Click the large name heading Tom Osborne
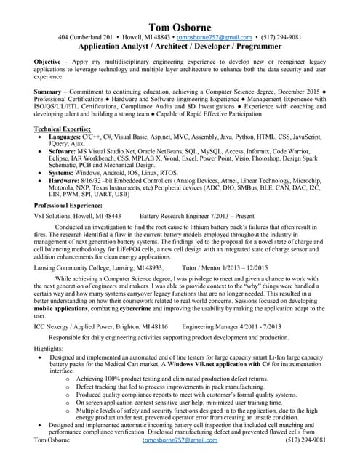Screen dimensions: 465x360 pyautogui.click(x=180, y=27)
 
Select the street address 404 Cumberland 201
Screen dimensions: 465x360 pyautogui.click(x=85, y=37)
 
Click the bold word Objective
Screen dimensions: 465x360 pyautogui.click(x=47, y=63)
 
